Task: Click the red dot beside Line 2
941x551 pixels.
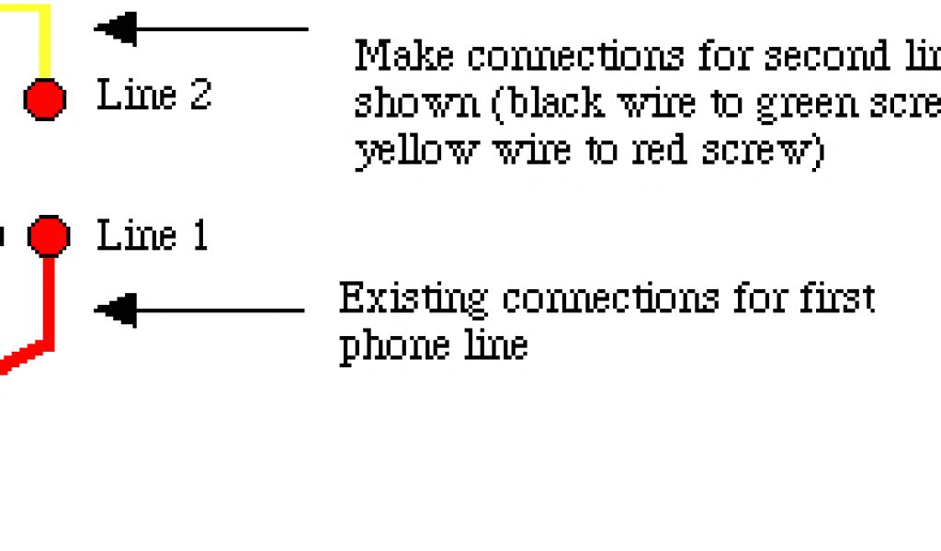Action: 44,98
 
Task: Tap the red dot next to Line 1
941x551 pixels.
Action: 48,236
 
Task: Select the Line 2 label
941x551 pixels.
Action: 154,95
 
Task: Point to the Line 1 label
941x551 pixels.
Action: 153,236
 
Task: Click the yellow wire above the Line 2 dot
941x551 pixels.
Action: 41,41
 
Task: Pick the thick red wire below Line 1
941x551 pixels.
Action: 49,303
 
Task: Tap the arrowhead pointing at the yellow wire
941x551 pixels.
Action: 116,29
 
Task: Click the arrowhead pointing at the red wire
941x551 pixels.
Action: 116,310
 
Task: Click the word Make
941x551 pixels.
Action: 404,56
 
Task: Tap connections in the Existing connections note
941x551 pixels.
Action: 609,299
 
